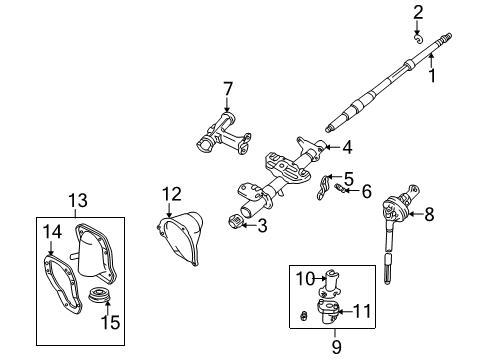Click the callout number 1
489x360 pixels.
433,76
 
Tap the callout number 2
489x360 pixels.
419,12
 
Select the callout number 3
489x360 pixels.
262,227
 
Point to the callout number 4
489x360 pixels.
346,149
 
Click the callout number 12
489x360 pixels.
172,192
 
